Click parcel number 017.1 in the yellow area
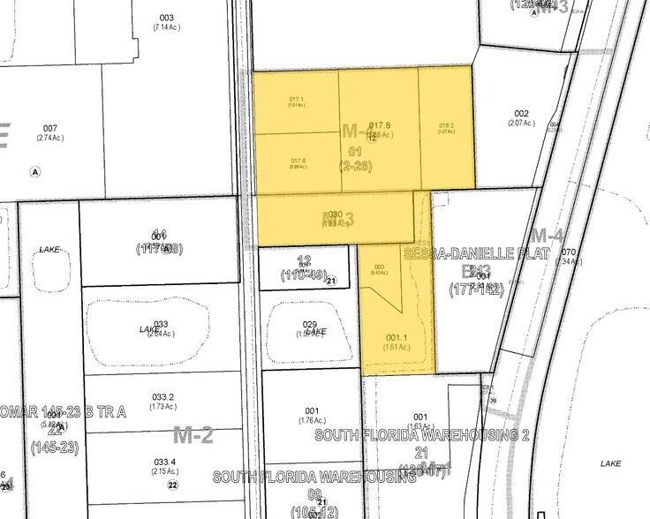click(297, 99)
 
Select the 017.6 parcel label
click(298, 160)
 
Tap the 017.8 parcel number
click(380, 125)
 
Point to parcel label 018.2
click(446, 125)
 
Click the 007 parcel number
click(50, 128)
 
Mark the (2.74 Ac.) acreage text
click(50, 138)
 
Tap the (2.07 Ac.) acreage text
click(521, 123)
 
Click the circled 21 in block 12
click(331, 281)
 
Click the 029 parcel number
click(309, 326)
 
